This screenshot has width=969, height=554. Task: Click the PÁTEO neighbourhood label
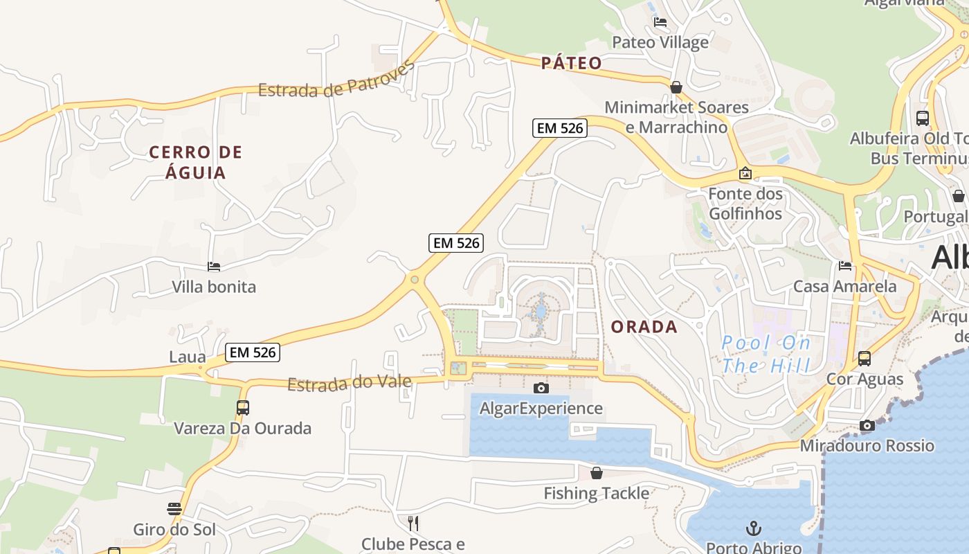click(572, 63)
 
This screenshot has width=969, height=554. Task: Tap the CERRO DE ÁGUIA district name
click(196, 162)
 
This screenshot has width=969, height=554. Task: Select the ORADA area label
click(644, 327)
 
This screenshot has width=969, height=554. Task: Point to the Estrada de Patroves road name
click(336, 79)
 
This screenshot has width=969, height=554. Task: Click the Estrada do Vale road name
click(350, 383)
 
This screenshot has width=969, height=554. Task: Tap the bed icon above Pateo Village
click(660, 22)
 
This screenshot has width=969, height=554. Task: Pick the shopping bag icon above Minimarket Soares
click(676, 87)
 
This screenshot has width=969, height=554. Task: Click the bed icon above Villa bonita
click(214, 267)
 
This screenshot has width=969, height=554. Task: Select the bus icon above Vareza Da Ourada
click(242, 408)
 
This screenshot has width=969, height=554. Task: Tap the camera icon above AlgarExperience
click(541, 388)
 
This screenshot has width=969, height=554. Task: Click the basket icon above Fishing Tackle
click(597, 473)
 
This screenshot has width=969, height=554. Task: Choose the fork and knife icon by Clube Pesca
click(413, 523)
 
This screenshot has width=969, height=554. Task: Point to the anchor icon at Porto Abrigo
click(754, 529)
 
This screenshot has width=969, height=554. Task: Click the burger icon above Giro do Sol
click(174, 509)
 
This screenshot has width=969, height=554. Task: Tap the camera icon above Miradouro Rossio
click(867, 425)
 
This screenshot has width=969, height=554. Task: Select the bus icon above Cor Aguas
click(864, 359)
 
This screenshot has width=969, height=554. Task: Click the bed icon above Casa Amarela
click(845, 266)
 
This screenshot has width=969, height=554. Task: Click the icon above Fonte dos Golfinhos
click(745, 173)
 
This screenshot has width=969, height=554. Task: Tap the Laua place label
click(188, 357)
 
